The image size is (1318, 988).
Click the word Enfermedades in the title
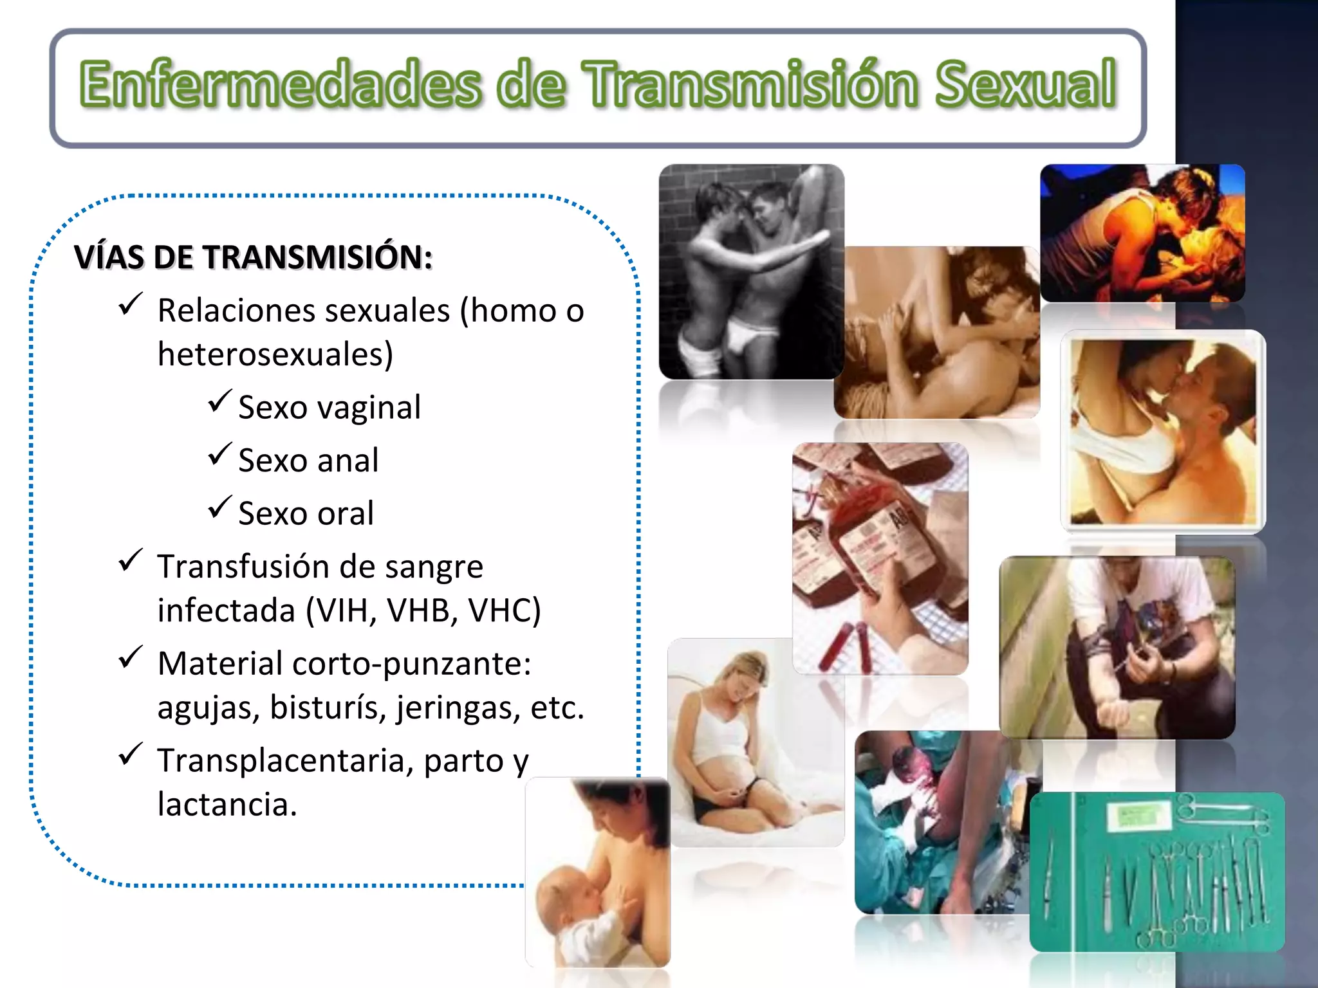[281, 84]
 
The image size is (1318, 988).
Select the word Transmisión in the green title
[750, 84]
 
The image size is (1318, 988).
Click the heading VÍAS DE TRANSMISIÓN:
[253, 257]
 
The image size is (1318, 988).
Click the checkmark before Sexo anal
[219, 454]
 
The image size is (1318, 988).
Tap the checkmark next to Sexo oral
[219, 508]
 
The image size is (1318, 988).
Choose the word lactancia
[227, 805]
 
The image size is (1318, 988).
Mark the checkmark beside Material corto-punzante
[131, 657]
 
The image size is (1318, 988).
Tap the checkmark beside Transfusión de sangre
[131, 560]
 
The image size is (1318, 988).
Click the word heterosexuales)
[275, 354]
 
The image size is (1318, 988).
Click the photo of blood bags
[880, 558]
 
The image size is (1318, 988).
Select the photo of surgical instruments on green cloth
[1156, 872]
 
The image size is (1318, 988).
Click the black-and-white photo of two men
[751, 271]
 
